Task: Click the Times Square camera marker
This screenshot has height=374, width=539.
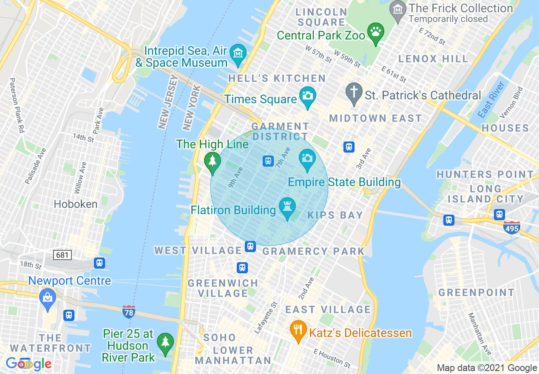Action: [307, 94]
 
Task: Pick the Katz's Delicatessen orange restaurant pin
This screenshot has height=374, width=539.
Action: [298, 329]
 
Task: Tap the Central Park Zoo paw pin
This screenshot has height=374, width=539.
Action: [376, 32]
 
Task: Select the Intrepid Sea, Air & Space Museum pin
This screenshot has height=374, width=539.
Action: [238, 54]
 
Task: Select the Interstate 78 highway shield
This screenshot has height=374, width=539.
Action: [129, 312]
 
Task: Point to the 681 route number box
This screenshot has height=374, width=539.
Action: [62, 255]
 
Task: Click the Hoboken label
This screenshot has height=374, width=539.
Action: [76, 204]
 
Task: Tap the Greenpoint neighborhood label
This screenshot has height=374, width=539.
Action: [476, 292]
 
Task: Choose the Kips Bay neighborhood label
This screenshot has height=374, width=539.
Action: [335, 215]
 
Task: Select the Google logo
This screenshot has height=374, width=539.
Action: [29, 364]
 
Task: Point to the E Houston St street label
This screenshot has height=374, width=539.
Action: [332, 359]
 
